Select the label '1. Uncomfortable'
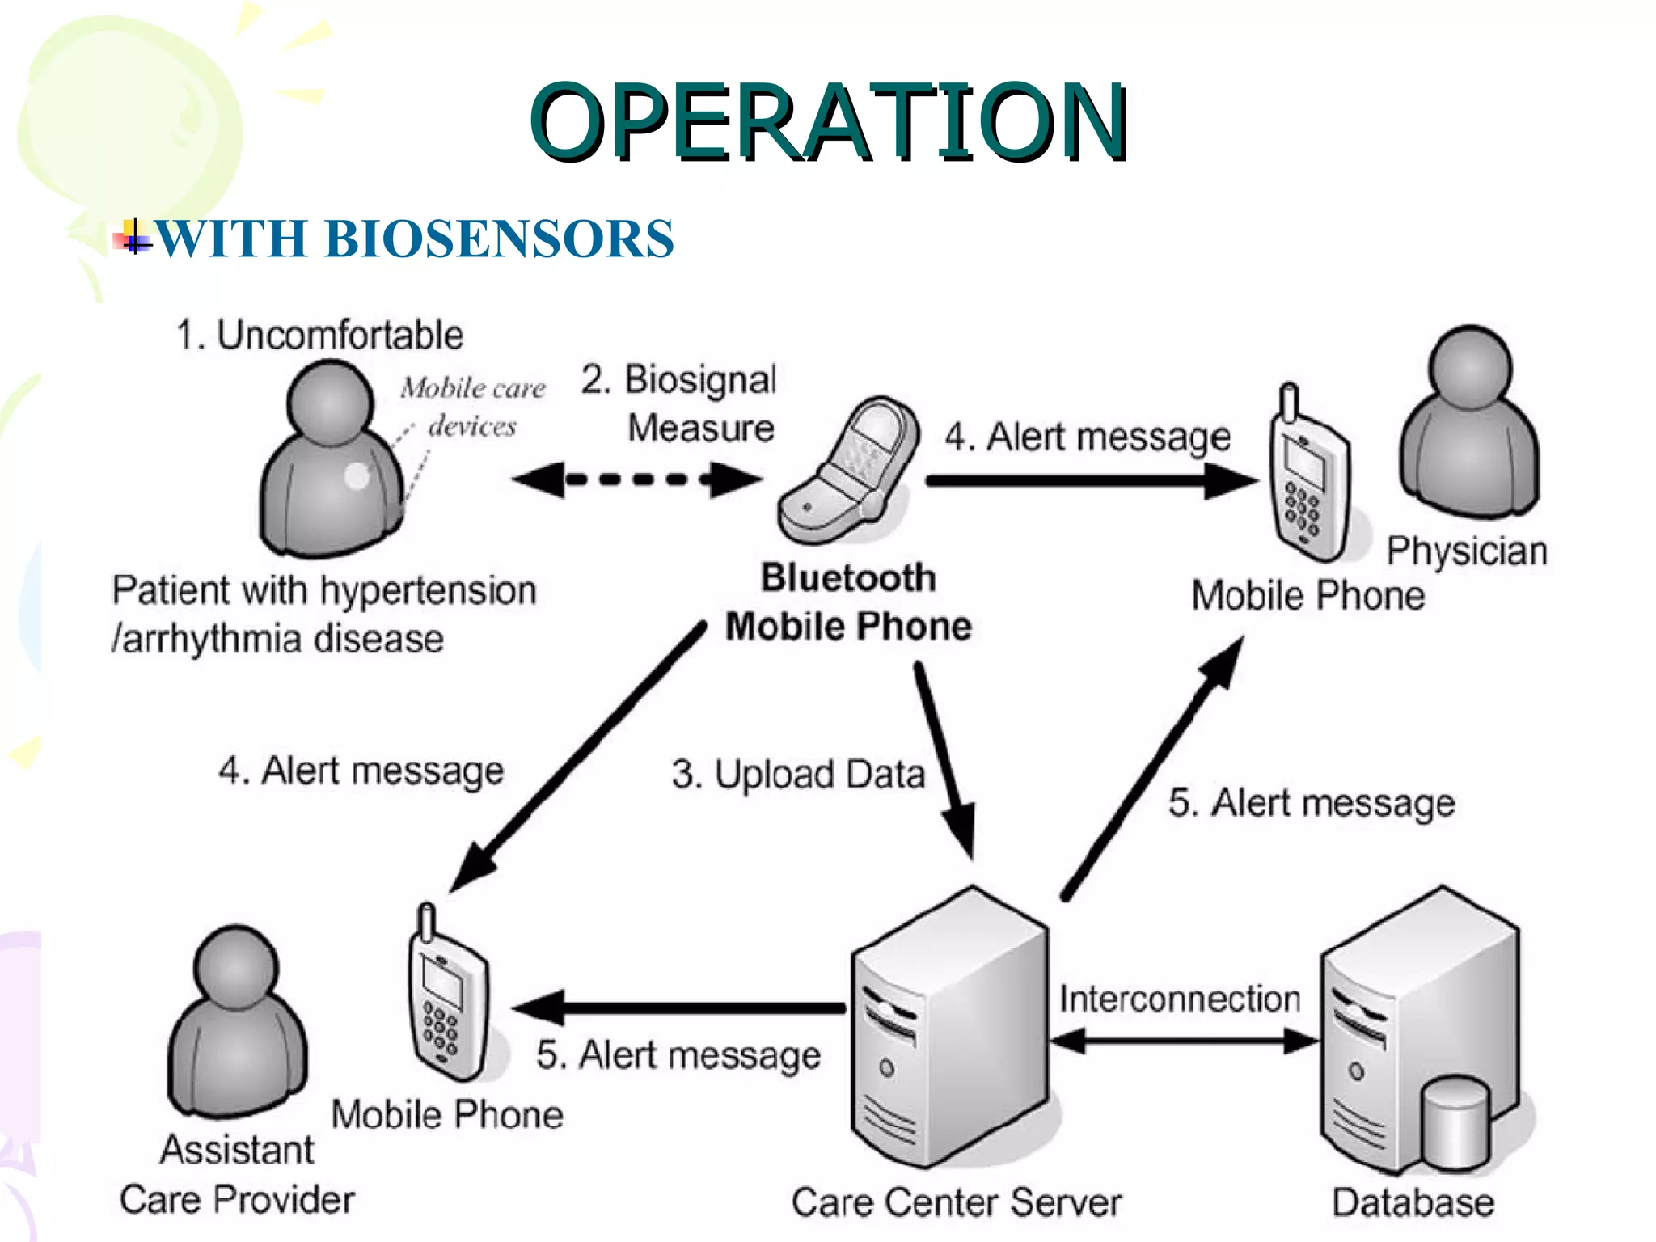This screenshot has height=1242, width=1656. click(x=320, y=335)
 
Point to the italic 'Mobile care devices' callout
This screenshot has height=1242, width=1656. click(x=473, y=407)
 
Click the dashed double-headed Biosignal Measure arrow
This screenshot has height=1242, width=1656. click(x=637, y=479)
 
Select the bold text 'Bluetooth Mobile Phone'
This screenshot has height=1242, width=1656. click(x=848, y=602)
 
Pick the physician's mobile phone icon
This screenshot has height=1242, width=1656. click(x=1307, y=481)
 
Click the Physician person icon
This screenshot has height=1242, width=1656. click(x=1469, y=425)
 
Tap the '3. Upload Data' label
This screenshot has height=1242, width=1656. click(x=798, y=774)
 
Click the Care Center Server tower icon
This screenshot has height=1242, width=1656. click(x=950, y=1027)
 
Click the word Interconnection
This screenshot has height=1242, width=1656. click(x=1180, y=999)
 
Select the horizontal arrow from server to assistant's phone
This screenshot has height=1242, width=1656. click(x=679, y=1008)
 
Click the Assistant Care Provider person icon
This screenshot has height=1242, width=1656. click(x=237, y=1023)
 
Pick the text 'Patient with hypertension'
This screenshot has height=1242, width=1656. click(x=323, y=590)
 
